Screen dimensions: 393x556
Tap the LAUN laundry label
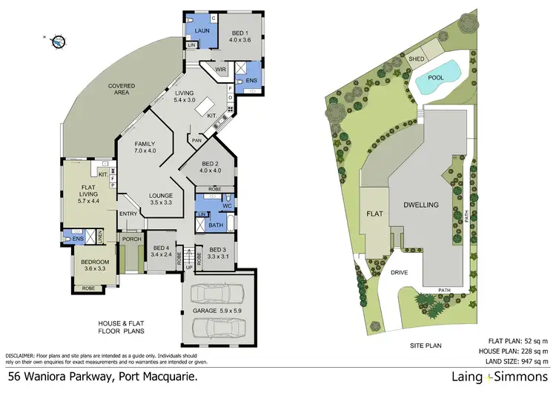coord(202,30)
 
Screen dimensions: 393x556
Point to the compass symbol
coord(56,41)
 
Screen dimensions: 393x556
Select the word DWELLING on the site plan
coord(422,204)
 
